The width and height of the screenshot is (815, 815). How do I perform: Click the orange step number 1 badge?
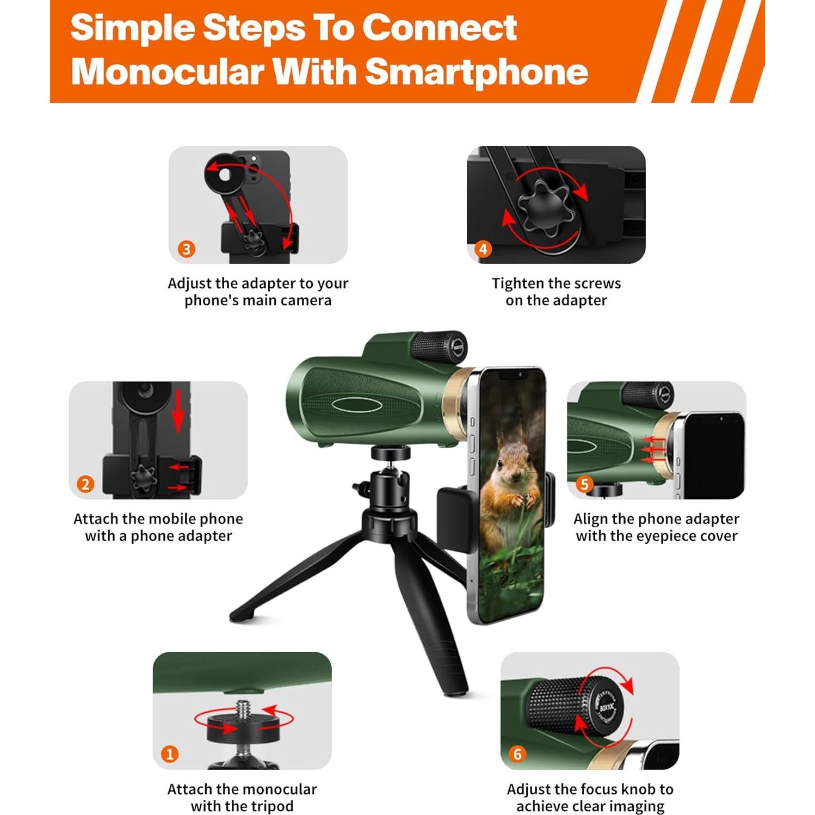pos(170,754)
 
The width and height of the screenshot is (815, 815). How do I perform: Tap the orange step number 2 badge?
pos(85,484)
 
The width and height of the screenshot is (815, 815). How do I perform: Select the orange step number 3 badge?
pos(187,249)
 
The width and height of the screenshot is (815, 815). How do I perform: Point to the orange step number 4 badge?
pos(483,249)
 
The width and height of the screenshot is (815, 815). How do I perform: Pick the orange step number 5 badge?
pos(584,484)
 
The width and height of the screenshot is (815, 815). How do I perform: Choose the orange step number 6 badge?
pos(517,754)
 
